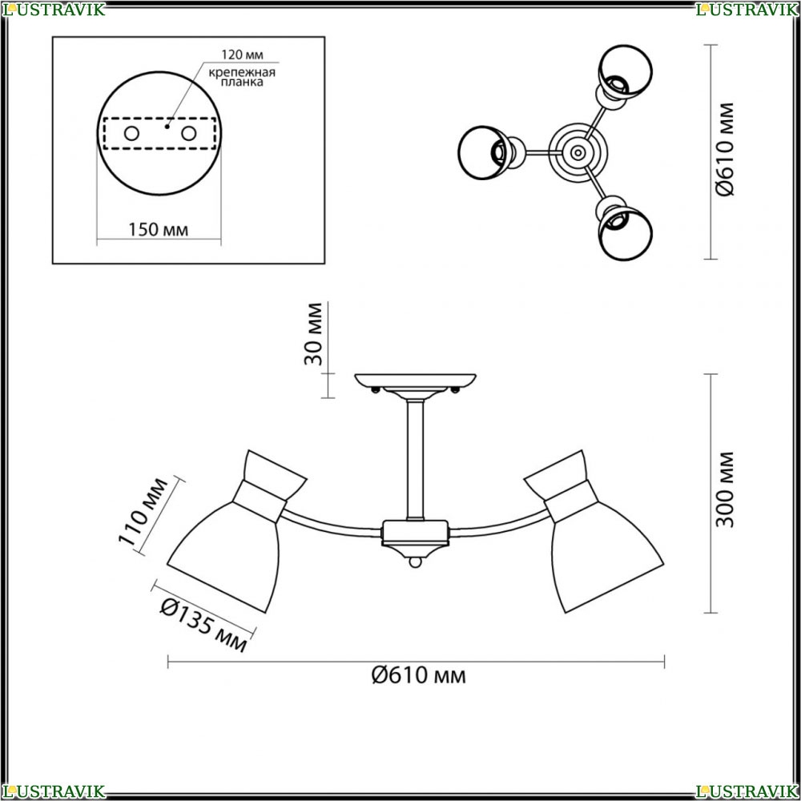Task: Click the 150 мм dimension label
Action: point(158,230)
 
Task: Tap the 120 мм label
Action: point(242,54)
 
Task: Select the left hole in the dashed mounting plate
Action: point(132,134)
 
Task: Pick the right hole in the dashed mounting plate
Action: point(188,134)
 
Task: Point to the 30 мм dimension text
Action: point(314,334)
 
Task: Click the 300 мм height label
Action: point(724,490)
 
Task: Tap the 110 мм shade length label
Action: point(143,513)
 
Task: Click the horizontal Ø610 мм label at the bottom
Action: point(418,676)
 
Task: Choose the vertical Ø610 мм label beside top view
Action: point(725,149)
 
